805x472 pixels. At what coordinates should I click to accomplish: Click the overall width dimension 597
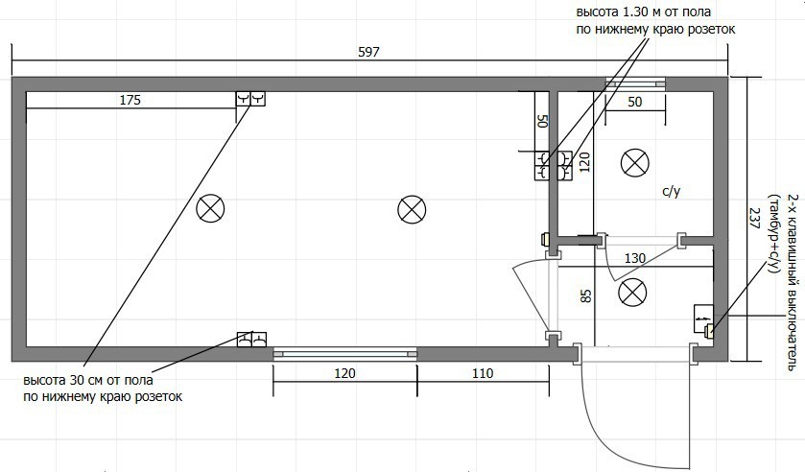pos(368,52)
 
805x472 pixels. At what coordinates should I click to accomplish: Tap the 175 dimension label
pos(130,100)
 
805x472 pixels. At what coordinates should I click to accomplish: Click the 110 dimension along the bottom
pos(483,373)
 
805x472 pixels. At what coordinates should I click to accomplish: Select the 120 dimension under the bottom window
pos(344,373)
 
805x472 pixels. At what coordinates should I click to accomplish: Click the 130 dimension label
pos(635,258)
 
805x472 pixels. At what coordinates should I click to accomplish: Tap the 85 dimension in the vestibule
pos(586,296)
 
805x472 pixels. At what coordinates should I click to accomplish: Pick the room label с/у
pos(671,192)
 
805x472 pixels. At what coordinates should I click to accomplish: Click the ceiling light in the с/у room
pos(635,163)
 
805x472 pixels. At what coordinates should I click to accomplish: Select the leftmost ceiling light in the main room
pos(210,208)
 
